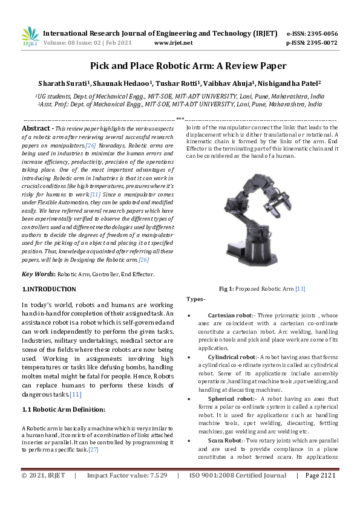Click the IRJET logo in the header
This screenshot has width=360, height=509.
point(30,37)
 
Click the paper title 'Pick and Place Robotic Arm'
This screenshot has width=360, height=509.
point(180,66)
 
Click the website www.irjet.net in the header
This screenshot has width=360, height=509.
point(174,43)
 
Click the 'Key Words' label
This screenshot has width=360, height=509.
point(38,274)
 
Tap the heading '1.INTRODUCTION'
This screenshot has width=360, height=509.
point(49,290)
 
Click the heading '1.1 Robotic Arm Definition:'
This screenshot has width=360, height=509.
point(64,410)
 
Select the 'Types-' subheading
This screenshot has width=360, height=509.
point(196,299)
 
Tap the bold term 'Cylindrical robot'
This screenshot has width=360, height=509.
point(232,357)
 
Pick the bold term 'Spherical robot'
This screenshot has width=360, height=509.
point(230,399)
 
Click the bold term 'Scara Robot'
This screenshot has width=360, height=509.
point(225,441)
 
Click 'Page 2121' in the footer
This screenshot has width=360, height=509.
point(319,493)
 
